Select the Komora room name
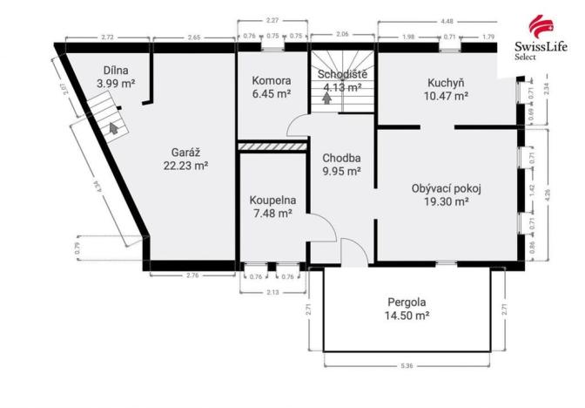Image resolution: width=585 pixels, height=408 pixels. [x=265, y=81]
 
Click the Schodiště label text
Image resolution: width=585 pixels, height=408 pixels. [x=341, y=74]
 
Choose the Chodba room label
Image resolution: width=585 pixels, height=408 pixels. [x=340, y=158]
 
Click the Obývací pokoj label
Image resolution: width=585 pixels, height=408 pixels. [x=447, y=187]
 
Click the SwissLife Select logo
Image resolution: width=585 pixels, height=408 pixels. [x=537, y=36]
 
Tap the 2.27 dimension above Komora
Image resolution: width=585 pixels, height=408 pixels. [x=272, y=21]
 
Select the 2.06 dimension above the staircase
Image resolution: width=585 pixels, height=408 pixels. [x=342, y=34]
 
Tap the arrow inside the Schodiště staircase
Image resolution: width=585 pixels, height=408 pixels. [x=327, y=98]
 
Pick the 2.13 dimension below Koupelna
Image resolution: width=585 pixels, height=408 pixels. [x=272, y=292]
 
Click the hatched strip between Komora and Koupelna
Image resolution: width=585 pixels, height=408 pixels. [x=272, y=146]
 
